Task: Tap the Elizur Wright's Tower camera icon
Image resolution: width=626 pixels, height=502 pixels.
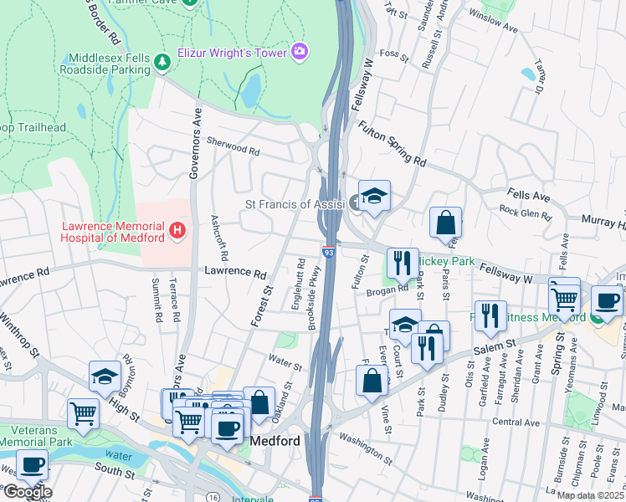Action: pyautogui.click(x=300, y=52)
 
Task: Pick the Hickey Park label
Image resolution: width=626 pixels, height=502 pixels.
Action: pyautogui.click(x=445, y=262)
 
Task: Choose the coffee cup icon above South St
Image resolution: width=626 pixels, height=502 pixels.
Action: pyautogui.click(x=32, y=465)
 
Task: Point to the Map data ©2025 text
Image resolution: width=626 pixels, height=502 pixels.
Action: pyautogui.click(x=591, y=495)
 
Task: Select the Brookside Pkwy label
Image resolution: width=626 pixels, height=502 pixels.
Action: pyautogui.click(x=316, y=286)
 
